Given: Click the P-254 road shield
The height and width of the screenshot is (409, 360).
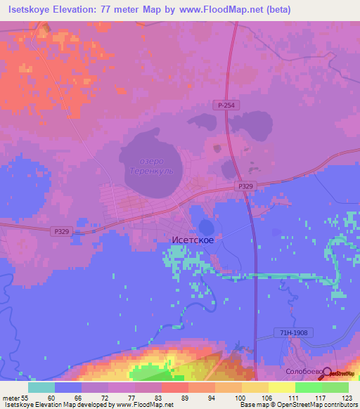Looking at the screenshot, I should [x=224, y=105].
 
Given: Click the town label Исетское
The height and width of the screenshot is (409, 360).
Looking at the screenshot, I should [x=193, y=240].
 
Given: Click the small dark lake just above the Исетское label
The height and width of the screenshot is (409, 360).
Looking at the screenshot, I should [x=206, y=226].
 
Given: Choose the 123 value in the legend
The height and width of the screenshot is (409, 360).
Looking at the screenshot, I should [x=347, y=397].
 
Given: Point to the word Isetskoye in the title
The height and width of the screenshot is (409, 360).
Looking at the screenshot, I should [x=31, y=10].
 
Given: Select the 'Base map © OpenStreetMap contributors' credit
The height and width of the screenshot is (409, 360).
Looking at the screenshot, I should [x=297, y=405].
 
